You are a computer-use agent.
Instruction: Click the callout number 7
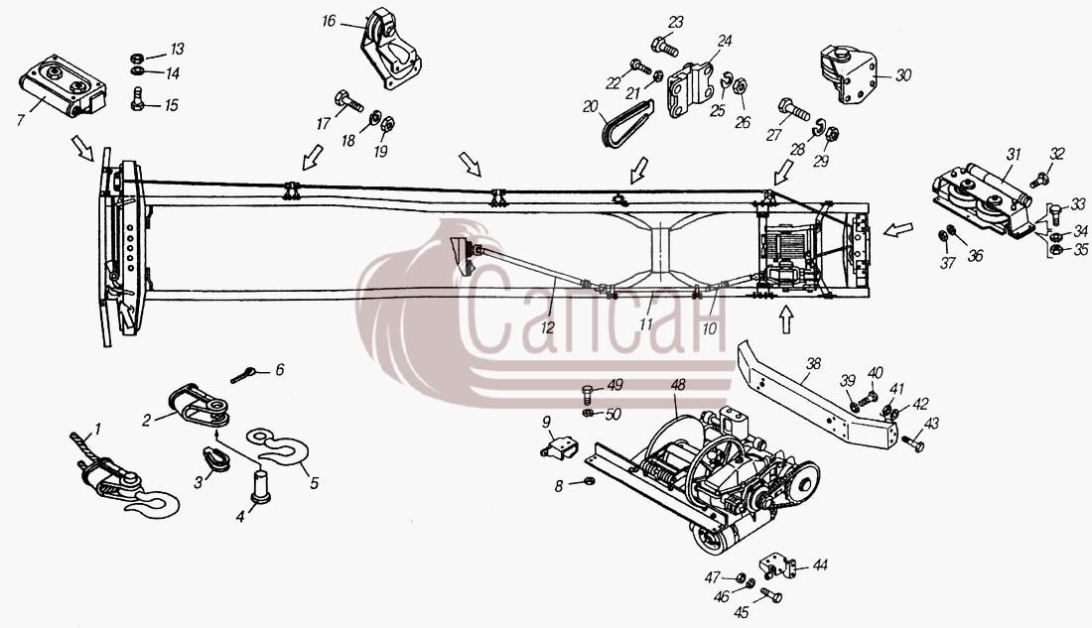click(x=21, y=120)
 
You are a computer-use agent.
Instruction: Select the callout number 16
click(x=329, y=22)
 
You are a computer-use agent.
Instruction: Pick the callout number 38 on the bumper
click(x=813, y=363)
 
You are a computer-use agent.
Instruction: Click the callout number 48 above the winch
click(x=678, y=384)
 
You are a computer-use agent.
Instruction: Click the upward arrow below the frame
click(x=786, y=320)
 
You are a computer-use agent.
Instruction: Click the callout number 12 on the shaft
click(x=548, y=326)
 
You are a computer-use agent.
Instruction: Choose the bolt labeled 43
click(x=912, y=442)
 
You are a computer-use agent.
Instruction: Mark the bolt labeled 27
click(x=793, y=108)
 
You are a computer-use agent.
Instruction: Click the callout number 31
click(x=1014, y=155)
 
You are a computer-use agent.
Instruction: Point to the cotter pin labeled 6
click(x=242, y=375)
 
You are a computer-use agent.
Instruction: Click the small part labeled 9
click(x=559, y=446)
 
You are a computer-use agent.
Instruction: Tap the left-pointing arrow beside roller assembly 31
click(x=898, y=229)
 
